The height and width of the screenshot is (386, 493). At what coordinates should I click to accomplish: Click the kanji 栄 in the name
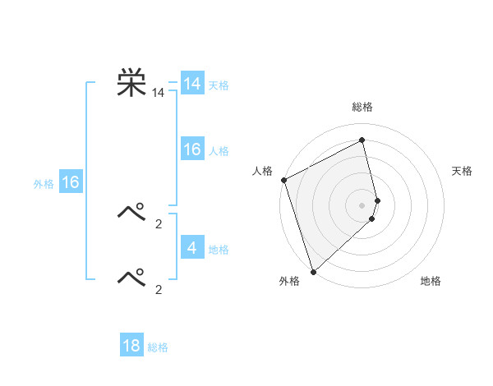tap(131, 83)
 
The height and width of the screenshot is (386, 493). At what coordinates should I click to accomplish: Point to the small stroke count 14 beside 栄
tap(158, 94)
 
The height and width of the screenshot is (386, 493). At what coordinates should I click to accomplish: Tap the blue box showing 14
tap(192, 84)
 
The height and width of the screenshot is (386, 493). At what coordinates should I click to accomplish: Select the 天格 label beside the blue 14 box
tap(219, 85)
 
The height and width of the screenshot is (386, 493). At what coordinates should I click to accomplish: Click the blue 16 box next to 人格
tap(192, 149)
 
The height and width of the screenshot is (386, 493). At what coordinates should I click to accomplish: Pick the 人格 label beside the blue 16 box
tap(219, 151)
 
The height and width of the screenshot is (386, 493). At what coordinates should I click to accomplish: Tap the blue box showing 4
tap(192, 247)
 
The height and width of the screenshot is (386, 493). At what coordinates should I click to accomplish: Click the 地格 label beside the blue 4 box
tap(219, 250)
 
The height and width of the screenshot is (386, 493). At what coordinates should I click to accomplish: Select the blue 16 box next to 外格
tap(71, 182)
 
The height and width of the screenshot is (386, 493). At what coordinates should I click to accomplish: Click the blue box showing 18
tap(131, 346)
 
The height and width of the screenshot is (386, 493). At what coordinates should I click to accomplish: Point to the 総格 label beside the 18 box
tap(158, 348)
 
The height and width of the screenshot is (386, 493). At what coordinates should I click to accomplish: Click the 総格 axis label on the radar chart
tap(362, 107)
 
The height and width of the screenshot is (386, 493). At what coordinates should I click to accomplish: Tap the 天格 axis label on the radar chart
tap(462, 171)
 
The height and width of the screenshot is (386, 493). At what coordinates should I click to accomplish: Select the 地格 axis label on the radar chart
tap(431, 282)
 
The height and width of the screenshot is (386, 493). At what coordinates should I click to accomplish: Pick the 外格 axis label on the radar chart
tap(289, 282)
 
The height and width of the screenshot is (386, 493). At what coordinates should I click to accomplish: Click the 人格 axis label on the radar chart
tap(262, 171)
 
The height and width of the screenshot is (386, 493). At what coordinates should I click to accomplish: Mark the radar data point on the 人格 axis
tap(283, 180)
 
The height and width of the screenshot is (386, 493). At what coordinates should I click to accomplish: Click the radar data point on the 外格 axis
tap(313, 271)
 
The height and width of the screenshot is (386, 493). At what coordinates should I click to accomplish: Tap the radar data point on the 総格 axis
tap(362, 140)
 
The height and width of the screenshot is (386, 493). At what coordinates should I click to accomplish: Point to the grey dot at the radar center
tap(362, 204)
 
